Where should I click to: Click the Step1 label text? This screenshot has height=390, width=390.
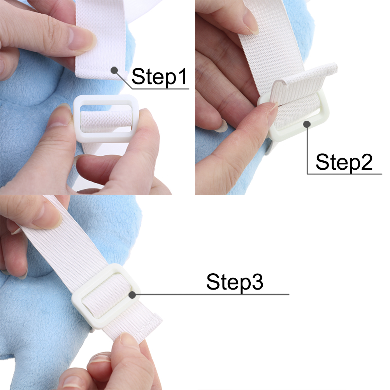coord(159,77)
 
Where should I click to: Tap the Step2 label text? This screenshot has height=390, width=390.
coord(344,162)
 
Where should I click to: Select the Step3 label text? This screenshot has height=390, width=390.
coord(235,282)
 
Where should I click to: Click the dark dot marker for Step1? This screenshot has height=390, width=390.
coord(114,70)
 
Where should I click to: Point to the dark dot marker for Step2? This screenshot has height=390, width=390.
coord(307,124)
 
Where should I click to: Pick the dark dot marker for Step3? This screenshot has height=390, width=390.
coord(132,295)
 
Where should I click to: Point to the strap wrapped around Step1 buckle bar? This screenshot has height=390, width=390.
coord(106,121)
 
